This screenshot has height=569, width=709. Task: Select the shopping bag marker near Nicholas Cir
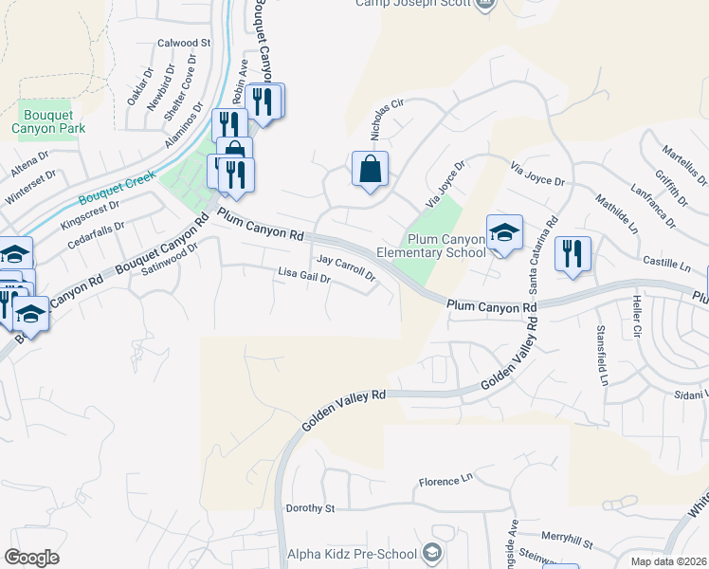click(370, 170)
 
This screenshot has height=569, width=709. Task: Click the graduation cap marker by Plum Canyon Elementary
click(504, 232)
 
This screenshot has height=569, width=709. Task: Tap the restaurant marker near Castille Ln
click(573, 253)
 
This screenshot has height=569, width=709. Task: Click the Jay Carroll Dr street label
click(346, 267)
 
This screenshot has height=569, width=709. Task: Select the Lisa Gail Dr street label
click(303, 277)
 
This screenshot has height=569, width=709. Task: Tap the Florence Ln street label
click(445, 483)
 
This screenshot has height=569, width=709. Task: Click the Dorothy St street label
click(311, 508)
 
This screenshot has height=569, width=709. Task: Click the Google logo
click(31, 557)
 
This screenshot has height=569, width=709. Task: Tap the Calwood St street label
click(184, 43)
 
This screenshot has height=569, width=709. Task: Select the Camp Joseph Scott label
click(412, 4)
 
